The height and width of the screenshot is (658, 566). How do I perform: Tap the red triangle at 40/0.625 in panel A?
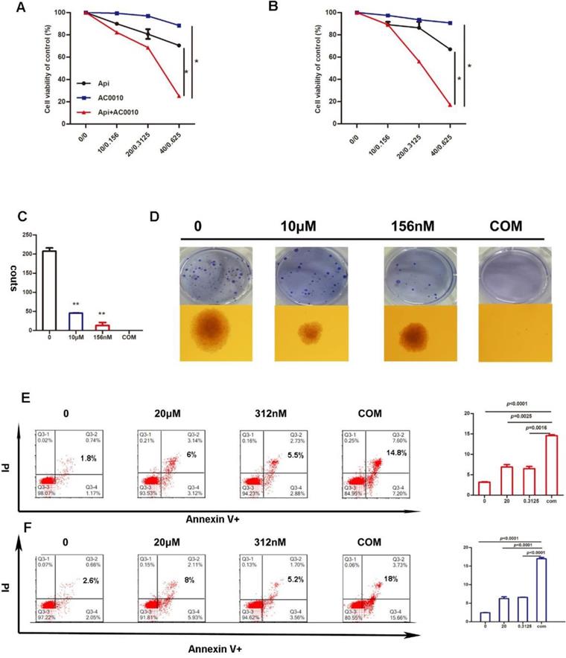179,96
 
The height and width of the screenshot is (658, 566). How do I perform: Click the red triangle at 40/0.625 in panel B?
451,105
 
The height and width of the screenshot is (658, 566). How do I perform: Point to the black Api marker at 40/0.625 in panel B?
451,50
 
